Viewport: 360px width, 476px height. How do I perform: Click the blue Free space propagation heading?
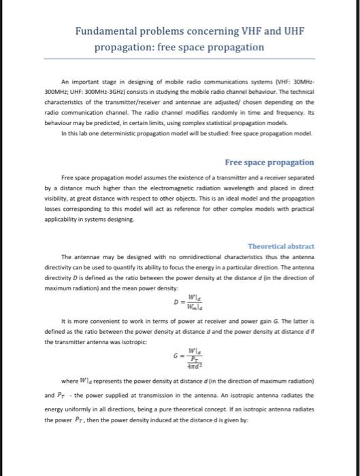pyautogui.click(x=269, y=163)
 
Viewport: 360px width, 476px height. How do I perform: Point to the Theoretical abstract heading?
pyautogui.click(x=281, y=245)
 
